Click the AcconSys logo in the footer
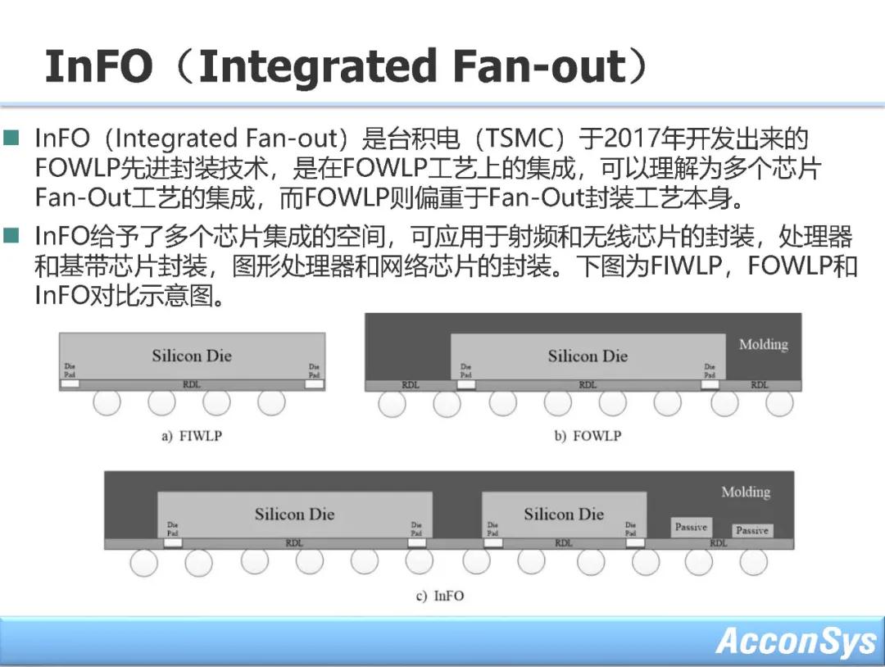click(796, 641)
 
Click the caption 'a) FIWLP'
click(191, 436)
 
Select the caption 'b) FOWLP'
click(587, 436)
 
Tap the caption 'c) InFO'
click(439, 596)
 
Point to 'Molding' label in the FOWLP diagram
click(763, 344)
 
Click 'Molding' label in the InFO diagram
click(745, 492)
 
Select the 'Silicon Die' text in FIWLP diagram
click(192, 356)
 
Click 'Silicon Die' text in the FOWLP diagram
click(588, 356)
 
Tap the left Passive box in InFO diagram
click(691, 527)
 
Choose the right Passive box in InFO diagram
click(751, 530)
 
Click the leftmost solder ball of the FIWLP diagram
click(107, 402)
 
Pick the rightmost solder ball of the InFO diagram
click(753, 561)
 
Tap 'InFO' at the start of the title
click(98, 66)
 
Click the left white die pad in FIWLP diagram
click(70, 383)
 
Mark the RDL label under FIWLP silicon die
click(191, 384)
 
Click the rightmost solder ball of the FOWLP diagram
click(779, 402)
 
